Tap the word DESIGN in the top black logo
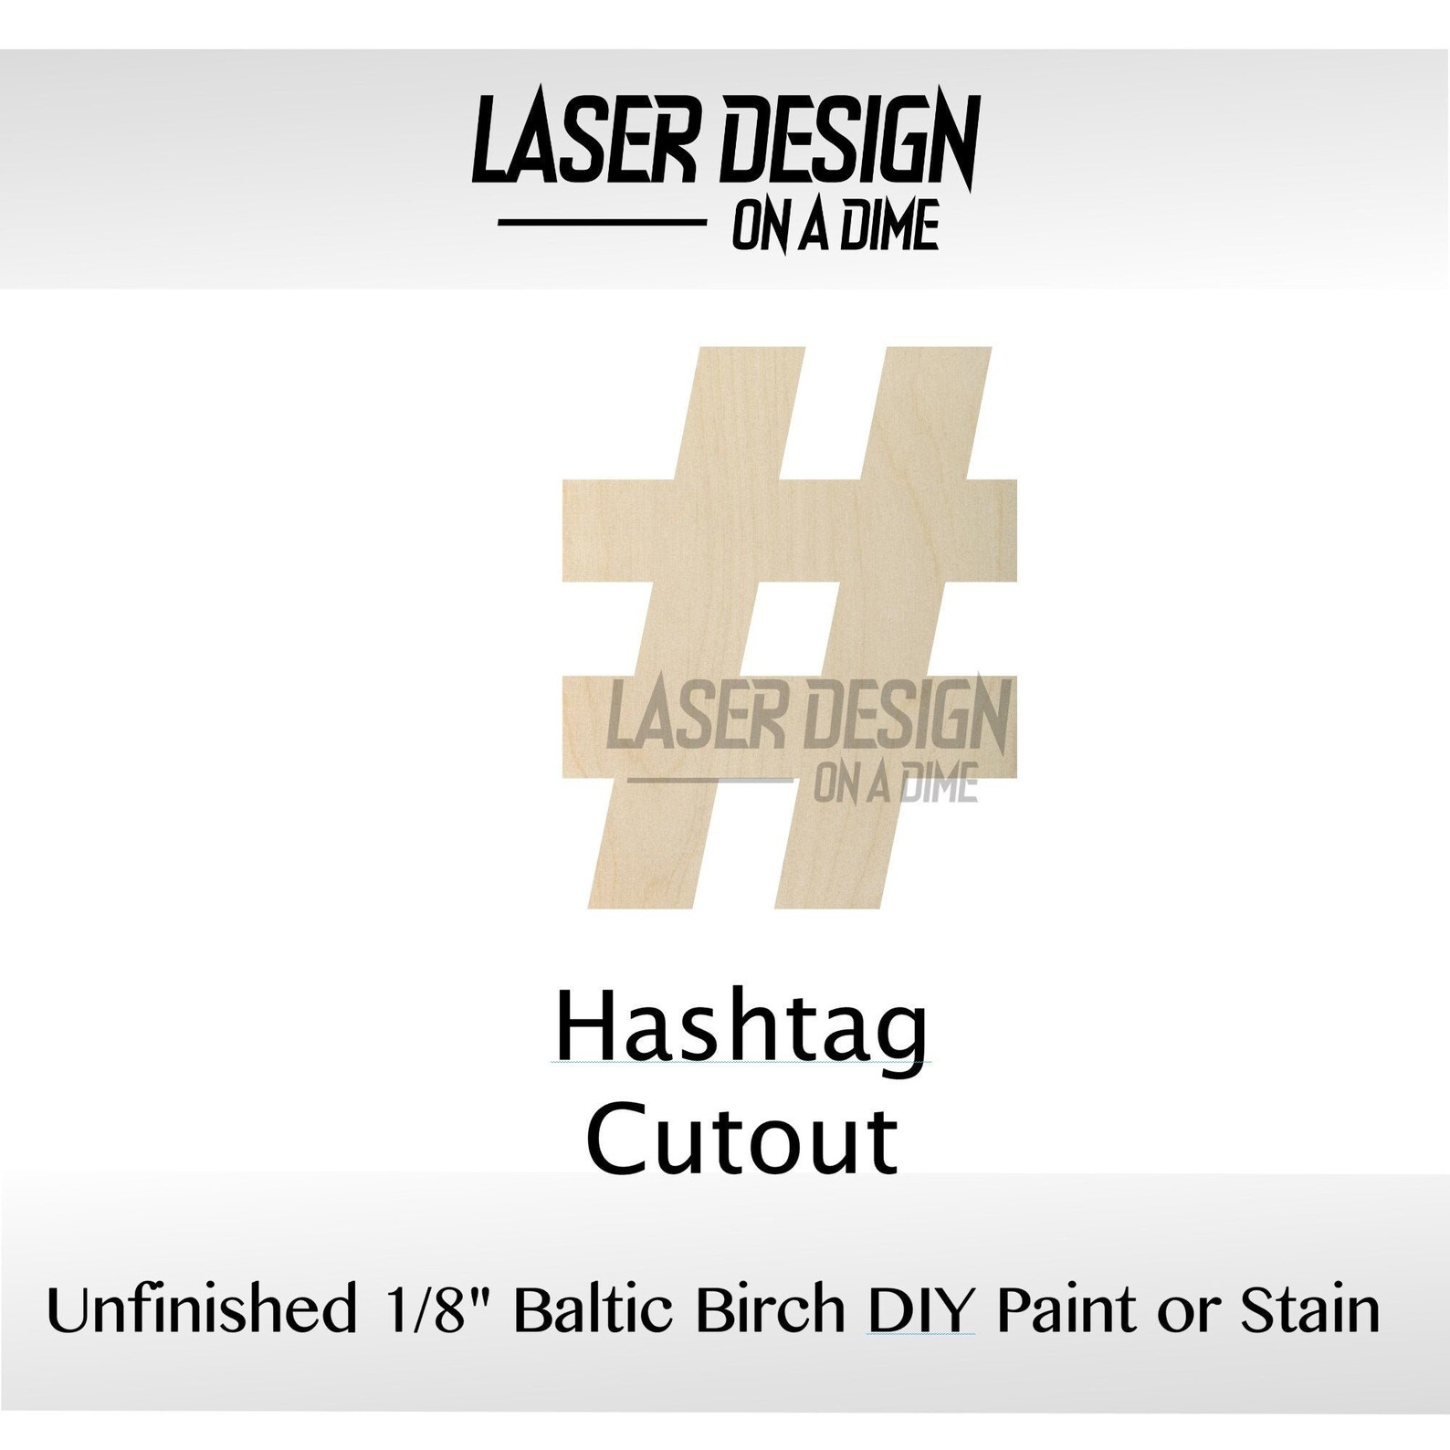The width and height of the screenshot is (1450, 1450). tap(849, 142)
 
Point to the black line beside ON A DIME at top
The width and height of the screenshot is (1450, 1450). tap(601, 221)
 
